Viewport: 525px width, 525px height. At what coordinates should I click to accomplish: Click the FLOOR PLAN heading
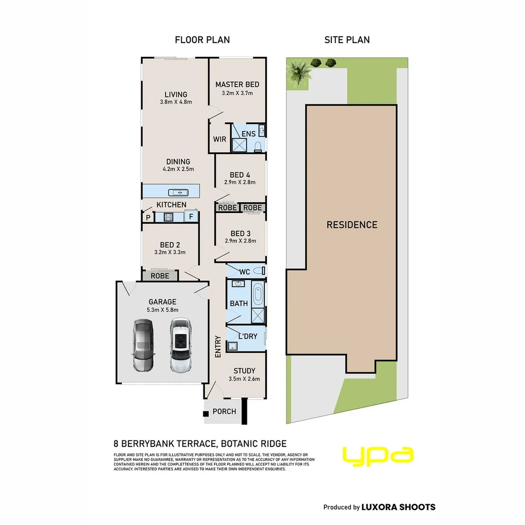(x=202, y=40)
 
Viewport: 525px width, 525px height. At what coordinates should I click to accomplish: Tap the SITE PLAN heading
(x=347, y=40)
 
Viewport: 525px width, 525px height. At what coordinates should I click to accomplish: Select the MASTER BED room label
(x=237, y=85)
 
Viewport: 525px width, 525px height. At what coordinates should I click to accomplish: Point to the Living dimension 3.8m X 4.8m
(x=176, y=102)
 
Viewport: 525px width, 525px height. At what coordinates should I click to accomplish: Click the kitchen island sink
(x=178, y=192)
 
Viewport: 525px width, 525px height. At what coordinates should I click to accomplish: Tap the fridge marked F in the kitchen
(x=191, y=216)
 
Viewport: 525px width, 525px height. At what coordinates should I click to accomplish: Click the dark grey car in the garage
(x=143, y=345)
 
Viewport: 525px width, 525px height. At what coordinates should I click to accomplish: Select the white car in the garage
(x=181, y=345)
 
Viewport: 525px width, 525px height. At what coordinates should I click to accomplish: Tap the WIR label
(x=220, y=139)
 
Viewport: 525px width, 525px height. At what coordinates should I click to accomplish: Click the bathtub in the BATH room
(x=258, y=295)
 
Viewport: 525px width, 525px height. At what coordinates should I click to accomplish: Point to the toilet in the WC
(x=259, y=271)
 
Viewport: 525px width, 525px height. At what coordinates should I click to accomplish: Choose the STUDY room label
(x=245, y=370)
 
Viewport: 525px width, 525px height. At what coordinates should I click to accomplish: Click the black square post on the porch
(x=206, y=414)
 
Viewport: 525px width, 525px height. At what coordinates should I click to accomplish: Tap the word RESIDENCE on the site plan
(x=352, y=225)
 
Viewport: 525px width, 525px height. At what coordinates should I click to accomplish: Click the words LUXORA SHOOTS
(x=399, y=507)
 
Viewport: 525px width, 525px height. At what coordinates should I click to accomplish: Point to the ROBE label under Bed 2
(x=160, y=276)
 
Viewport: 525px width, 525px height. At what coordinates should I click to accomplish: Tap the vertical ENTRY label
(x=218, y=347)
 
